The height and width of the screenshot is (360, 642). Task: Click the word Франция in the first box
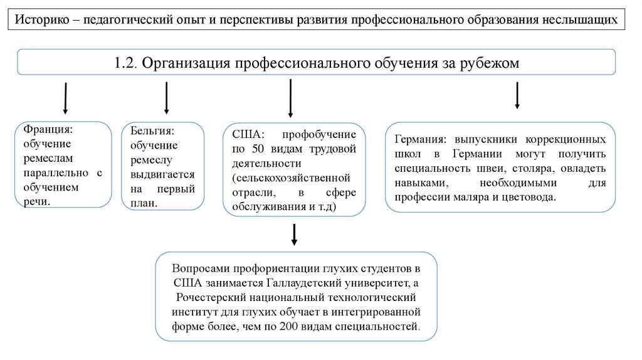click(x=48, y=129)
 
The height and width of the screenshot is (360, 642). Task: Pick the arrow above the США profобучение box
click(x=290, y=99)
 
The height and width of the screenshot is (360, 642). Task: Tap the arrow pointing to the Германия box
click(x=517, y=95)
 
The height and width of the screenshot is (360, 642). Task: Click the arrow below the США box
click(x=294, y=234)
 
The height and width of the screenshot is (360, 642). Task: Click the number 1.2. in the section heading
click(x=127, y=63)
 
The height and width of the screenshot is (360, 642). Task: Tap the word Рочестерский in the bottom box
click(x=208, y=297)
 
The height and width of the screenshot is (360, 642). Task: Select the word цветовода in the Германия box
click(x=529, y=197)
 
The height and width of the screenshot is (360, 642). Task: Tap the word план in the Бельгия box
click(x=142, y=203)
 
